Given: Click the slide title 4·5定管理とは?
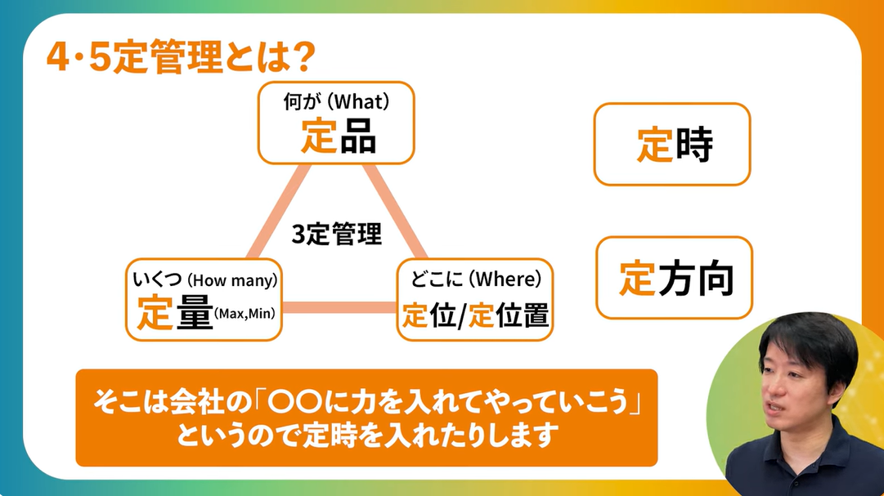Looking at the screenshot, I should click(x=181, y=60).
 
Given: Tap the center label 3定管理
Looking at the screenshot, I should click(x=337, y=235).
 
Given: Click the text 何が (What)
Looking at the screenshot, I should click(x=336, y=102).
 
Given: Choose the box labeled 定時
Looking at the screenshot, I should click(x=672, y=145).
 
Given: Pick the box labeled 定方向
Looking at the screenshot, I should click(x=674, y=278).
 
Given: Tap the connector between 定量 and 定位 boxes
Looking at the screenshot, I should click(x=339, y=308).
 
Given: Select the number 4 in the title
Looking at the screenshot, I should click(x=57, y=60).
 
